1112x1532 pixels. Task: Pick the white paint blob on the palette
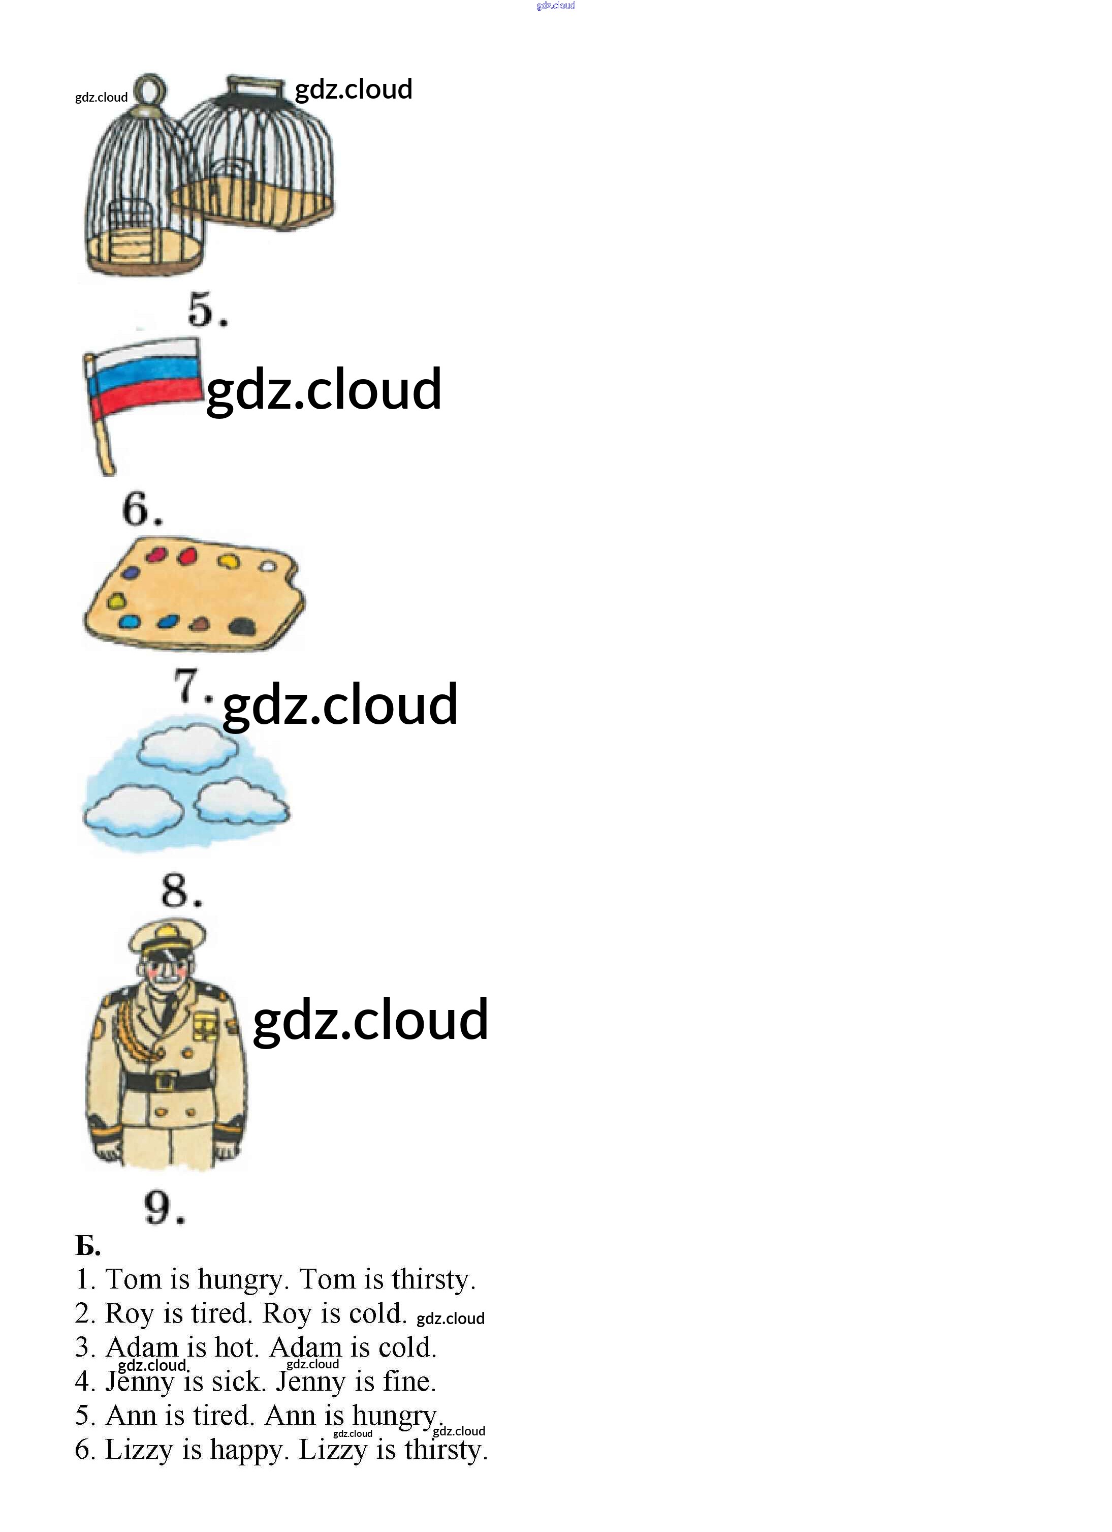268,566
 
